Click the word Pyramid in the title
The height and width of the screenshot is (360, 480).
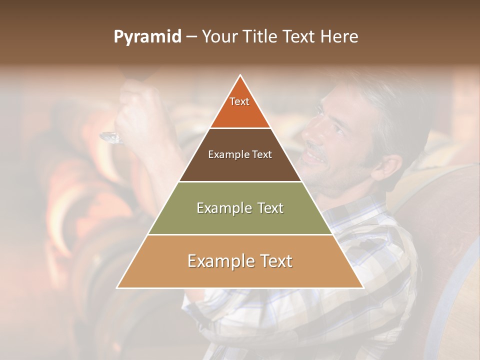[x=147, y=37]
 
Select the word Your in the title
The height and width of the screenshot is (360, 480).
[x=218, y=37]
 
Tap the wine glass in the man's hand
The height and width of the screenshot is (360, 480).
[x=112, y=137]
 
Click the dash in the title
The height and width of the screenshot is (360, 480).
[x=191, y=37]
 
